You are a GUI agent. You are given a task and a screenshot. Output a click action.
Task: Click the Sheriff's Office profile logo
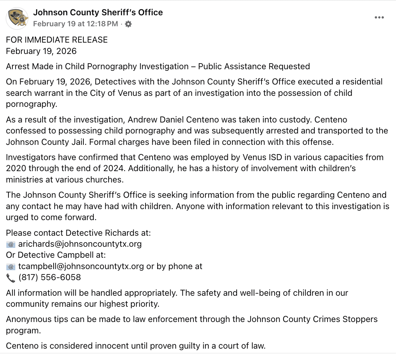17,18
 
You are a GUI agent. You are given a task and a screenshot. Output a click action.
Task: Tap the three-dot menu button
379,18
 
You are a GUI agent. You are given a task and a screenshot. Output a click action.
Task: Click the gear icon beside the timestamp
128,24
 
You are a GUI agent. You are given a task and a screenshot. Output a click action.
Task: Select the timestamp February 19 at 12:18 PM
76,24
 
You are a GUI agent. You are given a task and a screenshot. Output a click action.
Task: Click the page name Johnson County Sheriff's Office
98,12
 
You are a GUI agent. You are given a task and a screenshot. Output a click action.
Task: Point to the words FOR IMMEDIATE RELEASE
57,40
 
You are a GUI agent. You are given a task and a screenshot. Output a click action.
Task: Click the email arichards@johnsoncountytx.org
80,244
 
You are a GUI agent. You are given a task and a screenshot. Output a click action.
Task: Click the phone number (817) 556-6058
50,277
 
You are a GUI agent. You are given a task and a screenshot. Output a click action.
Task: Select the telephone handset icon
11,278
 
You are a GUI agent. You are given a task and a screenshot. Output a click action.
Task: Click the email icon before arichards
11,244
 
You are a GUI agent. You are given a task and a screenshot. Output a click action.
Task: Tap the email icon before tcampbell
11,267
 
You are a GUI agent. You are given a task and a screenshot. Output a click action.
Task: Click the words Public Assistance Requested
254,66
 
